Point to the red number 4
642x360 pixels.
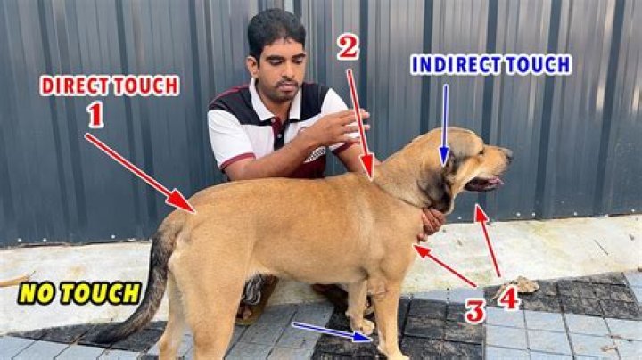(509, 298)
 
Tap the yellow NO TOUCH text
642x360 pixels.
(81, 293)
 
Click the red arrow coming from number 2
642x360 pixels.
(358, 121)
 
